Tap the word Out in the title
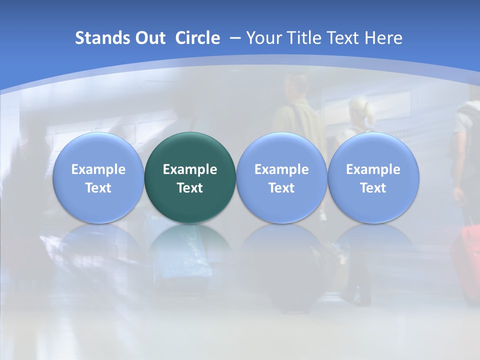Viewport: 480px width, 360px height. pyautogui.click(x=149, y=38)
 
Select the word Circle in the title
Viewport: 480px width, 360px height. pyautogui.click(x=197, y=38)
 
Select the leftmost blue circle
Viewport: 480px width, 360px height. pyautogui.click(x=98, y=178)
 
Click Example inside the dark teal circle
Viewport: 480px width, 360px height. pyautogui.click(x=190, y=169)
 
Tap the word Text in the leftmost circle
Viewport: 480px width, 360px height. pyautogui.click(x=98, y=188)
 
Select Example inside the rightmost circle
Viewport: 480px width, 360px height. pyautogui.click(x=373, y=169)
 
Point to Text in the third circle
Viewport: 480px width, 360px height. pyautogui.click(x=281, y=188)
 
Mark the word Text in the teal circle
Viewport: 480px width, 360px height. pyautogui.click(x=190, y=188)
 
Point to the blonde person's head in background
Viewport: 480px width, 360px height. pyautogui.click(x=359, y=107)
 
